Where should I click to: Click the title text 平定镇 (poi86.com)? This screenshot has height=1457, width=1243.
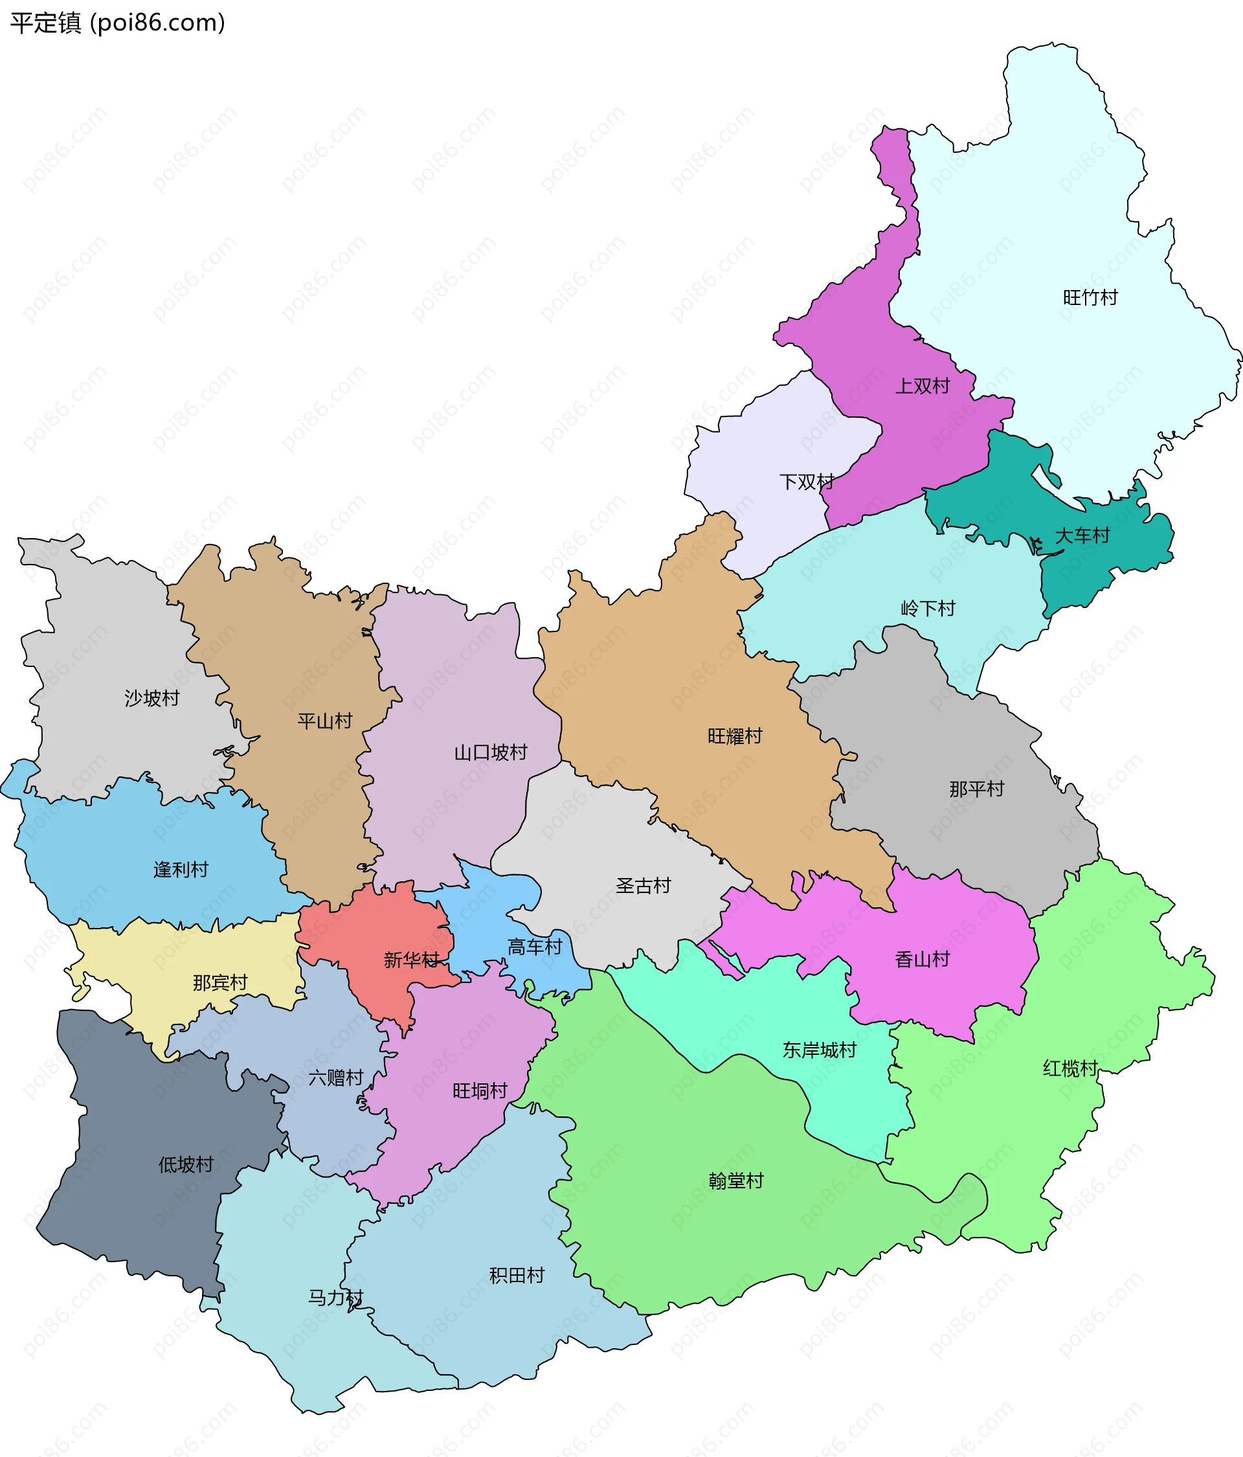tap(117, 23)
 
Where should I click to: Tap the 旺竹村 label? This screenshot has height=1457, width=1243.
tap(1090, 297)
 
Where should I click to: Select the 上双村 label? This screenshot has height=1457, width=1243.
tap(922, 386)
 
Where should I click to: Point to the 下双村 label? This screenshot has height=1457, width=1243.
tap(807, 482)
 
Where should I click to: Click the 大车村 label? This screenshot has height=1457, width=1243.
tap(1082, 536)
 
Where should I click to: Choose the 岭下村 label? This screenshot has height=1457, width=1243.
tap(928, 608)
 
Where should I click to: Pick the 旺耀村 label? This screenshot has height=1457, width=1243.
tap(735, 736)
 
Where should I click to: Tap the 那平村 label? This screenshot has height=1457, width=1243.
tap(976, 789)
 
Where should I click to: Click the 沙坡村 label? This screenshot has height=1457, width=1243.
tap(152, 698)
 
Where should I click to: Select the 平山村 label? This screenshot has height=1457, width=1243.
tap(325, 721)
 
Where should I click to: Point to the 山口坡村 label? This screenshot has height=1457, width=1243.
tap(491, 752)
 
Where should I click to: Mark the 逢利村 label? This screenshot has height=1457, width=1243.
tap(181, 870)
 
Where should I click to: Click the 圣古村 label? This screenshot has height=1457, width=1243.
tap(644, 885)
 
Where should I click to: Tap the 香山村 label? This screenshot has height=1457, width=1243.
tap(922, 959)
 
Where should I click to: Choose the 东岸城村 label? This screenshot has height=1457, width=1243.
tap(819, 1050)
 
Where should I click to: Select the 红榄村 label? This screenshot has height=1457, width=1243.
tap(1070, 1069)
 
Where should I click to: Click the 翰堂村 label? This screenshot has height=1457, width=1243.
tap(736, 1180)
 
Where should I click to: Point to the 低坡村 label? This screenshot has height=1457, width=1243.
tap(186, 1164)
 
